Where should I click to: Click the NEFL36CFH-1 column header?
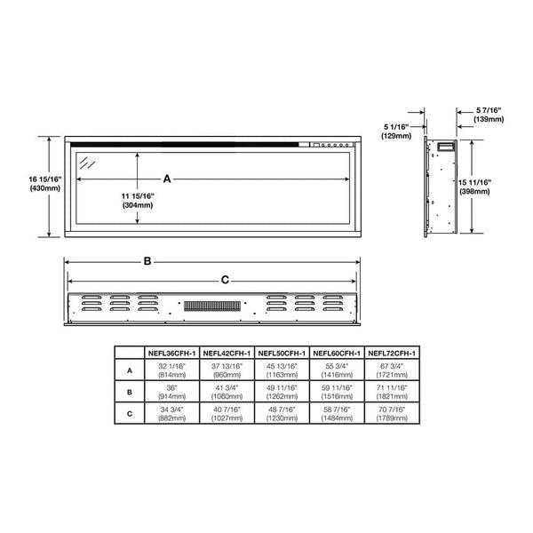click(x=172, y=353)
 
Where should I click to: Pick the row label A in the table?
click(x=130, y=370)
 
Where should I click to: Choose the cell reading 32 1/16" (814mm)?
click(x=172, y=370)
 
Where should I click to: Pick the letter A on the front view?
click(x=167, y=179)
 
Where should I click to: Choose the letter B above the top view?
click(x=147, y=261)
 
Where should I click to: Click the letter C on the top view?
click(x=225, y=280)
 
